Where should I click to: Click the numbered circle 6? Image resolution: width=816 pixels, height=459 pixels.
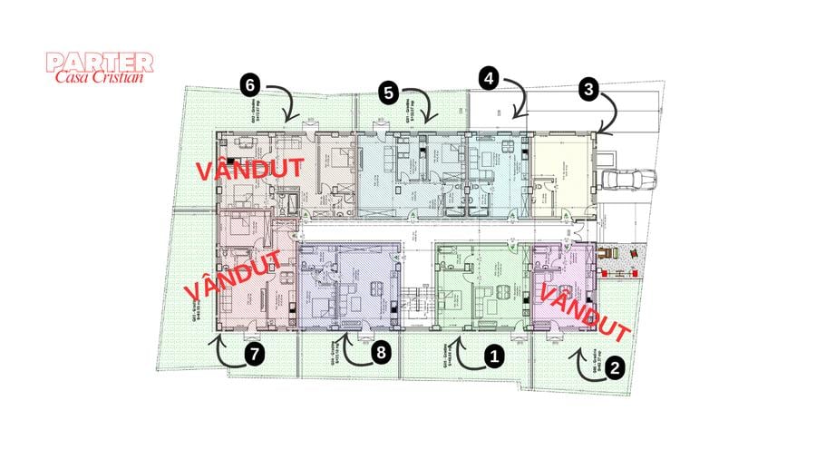(x=251, y=84)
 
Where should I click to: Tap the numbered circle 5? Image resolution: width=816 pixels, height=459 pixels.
(x=389, y=92)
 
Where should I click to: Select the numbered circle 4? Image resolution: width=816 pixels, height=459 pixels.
(x=489, y=78)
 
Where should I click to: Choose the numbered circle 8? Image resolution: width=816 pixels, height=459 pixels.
(x=380, y=353)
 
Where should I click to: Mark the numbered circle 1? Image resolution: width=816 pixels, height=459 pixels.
(x=494, y=357)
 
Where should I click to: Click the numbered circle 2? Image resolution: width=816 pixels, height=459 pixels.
(x=614, y=367)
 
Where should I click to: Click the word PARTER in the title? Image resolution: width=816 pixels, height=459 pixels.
(x=100, y=63)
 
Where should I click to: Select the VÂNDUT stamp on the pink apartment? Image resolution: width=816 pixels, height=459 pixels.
(x=585, y=308)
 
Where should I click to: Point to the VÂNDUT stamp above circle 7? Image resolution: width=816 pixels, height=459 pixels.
(x=232, y=275)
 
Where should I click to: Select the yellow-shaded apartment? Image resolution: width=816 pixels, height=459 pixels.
(x=558, y=175)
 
